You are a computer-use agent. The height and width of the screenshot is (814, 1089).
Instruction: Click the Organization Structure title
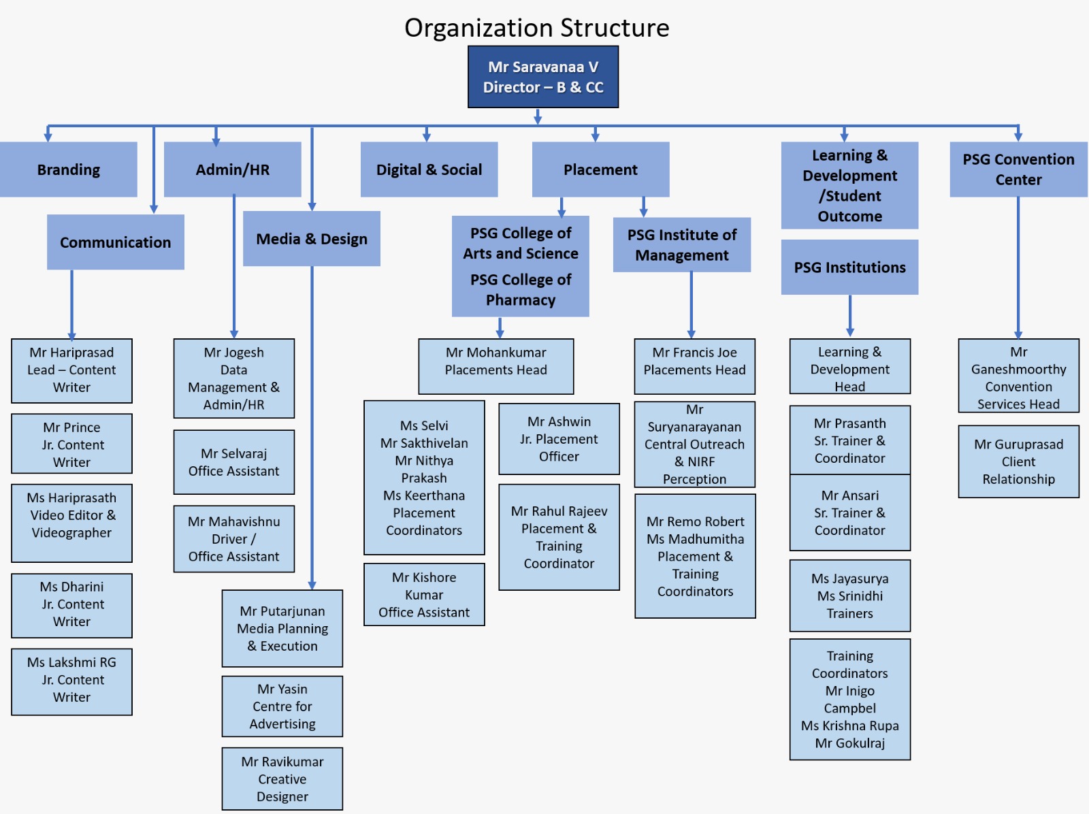(x=536, y=28)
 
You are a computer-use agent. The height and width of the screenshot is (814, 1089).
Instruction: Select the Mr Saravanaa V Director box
(x=543, y=77)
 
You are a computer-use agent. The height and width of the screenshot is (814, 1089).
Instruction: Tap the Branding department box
(x=68, y=169)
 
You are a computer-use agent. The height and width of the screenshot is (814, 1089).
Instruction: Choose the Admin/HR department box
(x=232, y=169)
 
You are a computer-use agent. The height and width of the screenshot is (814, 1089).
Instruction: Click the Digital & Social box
(x=429, y=169)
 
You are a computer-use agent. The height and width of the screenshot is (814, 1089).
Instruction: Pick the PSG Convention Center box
(x=1018, y=169)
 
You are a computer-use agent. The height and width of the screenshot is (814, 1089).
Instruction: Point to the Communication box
(x=115, y=242)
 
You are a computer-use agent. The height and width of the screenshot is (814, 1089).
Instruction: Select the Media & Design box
(x=311, y=239)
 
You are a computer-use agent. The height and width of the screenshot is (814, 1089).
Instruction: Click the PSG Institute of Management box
(x=681, y=245)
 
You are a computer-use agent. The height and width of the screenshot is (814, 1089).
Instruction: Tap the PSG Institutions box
(x=849, y=267)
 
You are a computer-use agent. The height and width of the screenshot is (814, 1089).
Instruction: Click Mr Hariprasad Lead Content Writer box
(x=71, y=370)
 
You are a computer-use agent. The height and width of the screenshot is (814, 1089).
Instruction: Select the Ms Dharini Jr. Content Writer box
(x=71, y=604)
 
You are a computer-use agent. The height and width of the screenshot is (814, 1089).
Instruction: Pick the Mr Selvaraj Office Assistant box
(x=233, y=462)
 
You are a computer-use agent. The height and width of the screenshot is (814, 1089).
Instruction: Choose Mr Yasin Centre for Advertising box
(x=282, y=706)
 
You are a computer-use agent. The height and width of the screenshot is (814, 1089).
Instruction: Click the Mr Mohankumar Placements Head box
(x=495, y=366)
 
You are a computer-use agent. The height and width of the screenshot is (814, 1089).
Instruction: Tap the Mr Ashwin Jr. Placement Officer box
(x=559, y=439)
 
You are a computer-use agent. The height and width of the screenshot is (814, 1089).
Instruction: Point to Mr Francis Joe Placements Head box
(x=694, y=366)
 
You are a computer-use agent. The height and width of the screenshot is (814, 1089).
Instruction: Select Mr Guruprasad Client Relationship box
(x=1018, y=461)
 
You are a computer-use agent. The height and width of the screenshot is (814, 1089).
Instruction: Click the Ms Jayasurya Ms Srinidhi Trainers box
(x=849, y=596)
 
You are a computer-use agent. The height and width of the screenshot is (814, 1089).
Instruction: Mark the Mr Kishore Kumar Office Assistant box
(x=424, y=594)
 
